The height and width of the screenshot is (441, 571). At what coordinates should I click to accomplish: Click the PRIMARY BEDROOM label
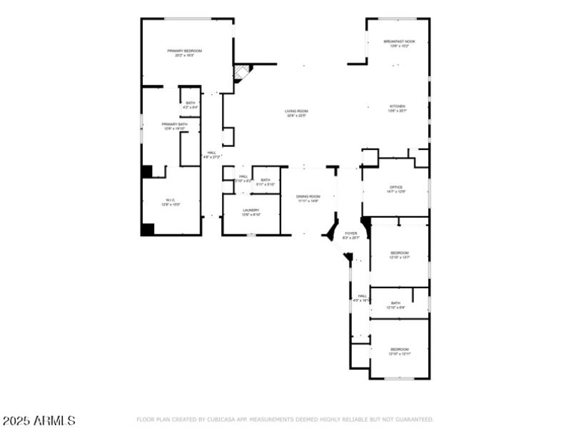[x=185, y=51]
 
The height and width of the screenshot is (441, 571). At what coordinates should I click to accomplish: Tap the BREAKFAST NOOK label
[x=399, y=42]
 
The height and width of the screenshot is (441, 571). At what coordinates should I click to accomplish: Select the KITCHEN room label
[x=397, y=106]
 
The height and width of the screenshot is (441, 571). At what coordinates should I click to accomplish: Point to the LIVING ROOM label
[x=296, y=111]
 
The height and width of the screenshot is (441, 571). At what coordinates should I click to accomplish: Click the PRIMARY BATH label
[x=175, y=124]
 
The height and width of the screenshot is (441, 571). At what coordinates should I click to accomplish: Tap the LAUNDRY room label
[x=251, y=211]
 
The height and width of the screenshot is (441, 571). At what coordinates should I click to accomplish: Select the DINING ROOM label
[x=308, y=197]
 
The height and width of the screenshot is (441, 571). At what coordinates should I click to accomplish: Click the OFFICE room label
[x=396, y=188]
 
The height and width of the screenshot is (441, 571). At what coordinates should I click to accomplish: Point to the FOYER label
[x=351, y=233]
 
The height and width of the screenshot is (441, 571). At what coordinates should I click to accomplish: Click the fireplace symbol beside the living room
[x=243, y=73]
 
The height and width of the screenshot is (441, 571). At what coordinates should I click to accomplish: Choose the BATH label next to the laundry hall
[x=266, y=180]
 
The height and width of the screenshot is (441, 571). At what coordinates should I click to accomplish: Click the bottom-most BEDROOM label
[x=399, y=350]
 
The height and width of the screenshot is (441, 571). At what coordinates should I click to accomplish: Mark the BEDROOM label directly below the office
[x=399, y=253]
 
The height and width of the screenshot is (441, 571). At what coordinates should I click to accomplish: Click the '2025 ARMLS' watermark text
[x=39, y=421]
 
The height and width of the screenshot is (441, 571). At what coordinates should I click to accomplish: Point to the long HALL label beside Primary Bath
[x=212, y=153]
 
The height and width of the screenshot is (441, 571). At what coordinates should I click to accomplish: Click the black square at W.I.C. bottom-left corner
[x=148, y=229]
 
